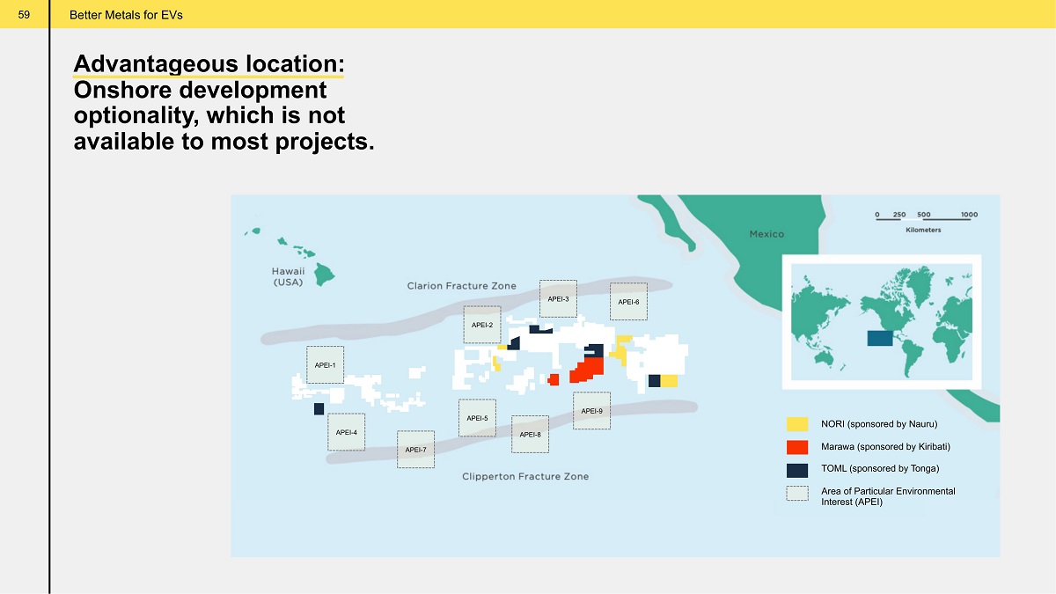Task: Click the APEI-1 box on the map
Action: pos(325,364)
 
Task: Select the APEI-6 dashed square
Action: pos(628,302)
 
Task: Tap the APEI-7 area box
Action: pos(415,450)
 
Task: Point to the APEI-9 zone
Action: pos(591,411)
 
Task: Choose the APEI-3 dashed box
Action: pos(558,299)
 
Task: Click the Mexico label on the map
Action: pos(766,234)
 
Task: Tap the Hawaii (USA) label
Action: pos(288,276)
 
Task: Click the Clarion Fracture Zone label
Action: pos(461,286)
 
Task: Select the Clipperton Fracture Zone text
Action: pos(525,476)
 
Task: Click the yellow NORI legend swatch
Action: pos(797,424)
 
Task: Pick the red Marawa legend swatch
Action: pos(797,447)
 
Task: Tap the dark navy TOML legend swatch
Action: pos(797,470)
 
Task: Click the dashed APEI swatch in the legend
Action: pos(797,493)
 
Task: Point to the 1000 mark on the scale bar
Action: pos(969,215)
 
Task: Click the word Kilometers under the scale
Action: pos(923,230)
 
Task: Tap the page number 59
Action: pos(24,15)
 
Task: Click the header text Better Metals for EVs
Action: pos(126,15)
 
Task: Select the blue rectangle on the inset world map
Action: pos(880,338)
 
